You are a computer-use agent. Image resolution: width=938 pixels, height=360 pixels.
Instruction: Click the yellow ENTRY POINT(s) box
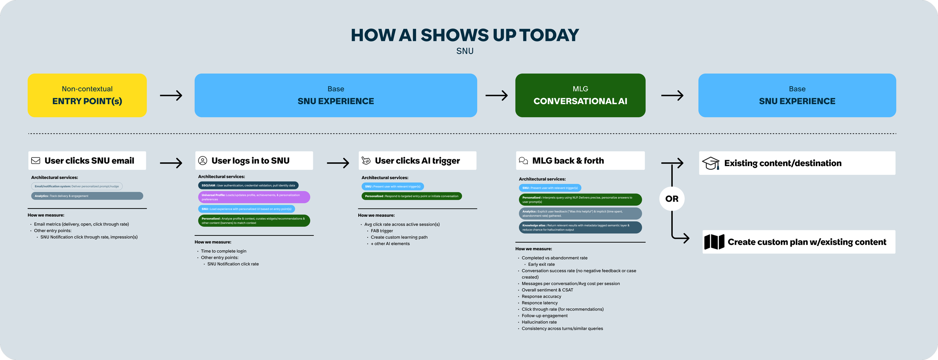click(87, 95)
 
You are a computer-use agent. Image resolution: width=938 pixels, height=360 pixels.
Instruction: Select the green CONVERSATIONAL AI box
click(580, 95)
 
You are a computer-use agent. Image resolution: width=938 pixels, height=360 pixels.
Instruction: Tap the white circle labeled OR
click(672, 199)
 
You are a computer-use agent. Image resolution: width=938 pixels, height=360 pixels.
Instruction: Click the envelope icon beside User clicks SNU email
click(36, 160)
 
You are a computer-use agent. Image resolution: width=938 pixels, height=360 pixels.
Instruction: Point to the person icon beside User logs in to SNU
click(203, 160)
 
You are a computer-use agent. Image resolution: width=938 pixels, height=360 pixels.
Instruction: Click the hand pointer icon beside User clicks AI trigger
click(366, 160)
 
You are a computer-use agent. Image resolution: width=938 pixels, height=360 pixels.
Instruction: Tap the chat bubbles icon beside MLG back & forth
click(523, 160)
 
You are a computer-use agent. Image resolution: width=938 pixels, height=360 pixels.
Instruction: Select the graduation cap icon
click(710, 163)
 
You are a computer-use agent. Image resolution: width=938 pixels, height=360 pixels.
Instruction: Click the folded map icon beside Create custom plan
click(714, 242)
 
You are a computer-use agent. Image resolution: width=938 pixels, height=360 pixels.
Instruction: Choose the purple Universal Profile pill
click(254, 197)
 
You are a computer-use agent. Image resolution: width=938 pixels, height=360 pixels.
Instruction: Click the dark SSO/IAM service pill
click(248, 185)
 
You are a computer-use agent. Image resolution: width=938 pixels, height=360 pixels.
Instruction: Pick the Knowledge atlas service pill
click(580, 228)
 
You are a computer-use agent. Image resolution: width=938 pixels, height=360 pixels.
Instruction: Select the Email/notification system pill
click(77, 186)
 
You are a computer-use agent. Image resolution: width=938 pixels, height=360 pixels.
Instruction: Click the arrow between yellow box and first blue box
click(171, 96)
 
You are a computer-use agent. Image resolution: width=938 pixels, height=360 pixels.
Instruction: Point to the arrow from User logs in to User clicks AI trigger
click(338, 163)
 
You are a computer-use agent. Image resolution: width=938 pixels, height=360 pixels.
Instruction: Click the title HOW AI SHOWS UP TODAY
click(465, 35)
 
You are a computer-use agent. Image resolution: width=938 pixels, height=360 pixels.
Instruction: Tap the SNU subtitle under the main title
click(465, 51)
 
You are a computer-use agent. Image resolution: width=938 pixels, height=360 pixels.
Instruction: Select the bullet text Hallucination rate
click(539, 322)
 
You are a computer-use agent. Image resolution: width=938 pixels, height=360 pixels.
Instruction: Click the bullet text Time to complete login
click(223, 251)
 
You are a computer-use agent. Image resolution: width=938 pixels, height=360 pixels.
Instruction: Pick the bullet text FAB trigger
click(382, 231)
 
